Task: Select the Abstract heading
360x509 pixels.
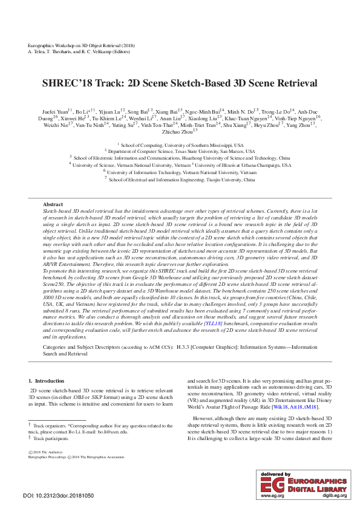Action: click(x=53, y=204)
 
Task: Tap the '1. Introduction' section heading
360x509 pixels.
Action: click(x=47, y=381)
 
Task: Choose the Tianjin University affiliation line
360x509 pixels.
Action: click(x=182, y=180)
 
